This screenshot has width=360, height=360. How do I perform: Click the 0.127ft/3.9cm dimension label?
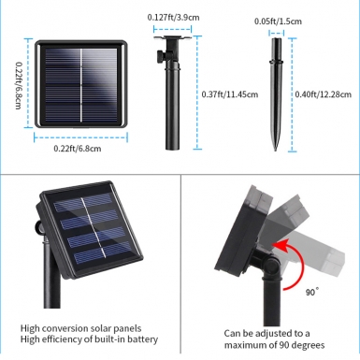coord(173,17)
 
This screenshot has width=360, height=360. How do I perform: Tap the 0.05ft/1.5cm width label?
coord(278,22)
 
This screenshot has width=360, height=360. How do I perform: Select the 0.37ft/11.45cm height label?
coord(230,94)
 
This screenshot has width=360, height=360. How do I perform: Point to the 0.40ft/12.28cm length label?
coord(324,94)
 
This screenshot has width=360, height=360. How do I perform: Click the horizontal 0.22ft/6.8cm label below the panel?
coord(78,149)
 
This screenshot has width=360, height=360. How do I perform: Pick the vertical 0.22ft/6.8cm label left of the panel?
coord(19,85)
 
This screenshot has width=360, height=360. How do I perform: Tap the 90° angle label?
coord(312,292)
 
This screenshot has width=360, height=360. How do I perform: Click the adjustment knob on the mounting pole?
coord(160,56)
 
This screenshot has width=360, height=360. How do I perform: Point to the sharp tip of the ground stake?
coord(275,151)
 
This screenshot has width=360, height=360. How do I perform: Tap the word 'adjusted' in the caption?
coord(274,334)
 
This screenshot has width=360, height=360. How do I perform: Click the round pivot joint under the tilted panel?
coord(271,266)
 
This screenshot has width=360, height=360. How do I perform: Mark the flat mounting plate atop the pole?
coord(172,37)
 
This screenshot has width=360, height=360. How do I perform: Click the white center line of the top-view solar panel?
coord(81,85)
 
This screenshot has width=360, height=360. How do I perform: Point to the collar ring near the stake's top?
coord(276,64)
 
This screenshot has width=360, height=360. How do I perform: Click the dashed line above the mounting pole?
coord(172,30)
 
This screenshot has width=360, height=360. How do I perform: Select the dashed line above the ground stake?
coord(277,33)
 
